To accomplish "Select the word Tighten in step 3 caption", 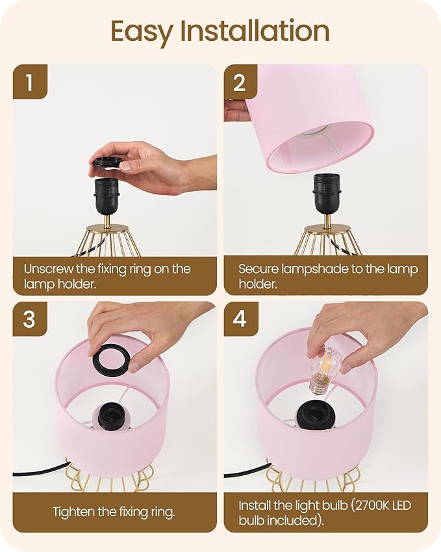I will pyautogui.click(x=75, y=512).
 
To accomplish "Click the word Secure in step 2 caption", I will pyautogui.click(x=257, y=269).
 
